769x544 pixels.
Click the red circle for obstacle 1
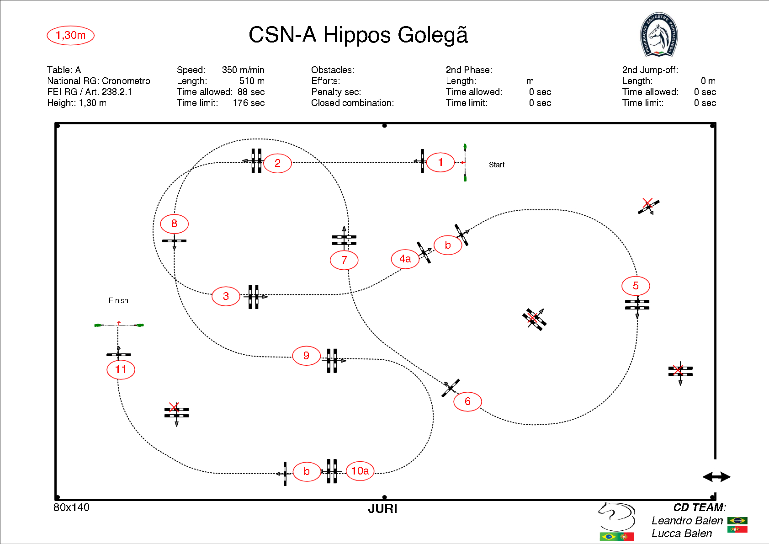[x=440, y=162]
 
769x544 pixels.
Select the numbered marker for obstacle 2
[x=277, y=163]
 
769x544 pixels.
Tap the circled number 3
[x=226, y=296]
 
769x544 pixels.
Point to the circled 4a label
[x=405, y=259]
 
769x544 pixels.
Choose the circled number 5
[x=636, y=286]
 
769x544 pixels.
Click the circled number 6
[x=467, y=401]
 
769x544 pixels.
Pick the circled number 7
[x=344, y=260]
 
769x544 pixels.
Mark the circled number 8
[x=174, y=224]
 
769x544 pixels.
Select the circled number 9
[x=306, y=356]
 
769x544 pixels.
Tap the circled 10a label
[x=360, y=471]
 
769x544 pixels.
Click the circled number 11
[x=121, y=369]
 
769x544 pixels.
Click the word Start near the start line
[x=497, y=165]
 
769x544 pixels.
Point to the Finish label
[x=118, y=300]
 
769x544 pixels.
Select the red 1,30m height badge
[x=71, y=35]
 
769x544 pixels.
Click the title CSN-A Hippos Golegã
[x=358, y=35]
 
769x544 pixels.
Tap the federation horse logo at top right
[x=658, y=35]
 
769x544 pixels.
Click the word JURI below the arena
[x=383, y=509]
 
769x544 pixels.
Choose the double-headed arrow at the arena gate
[x=716, y=477]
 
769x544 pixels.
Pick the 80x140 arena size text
[x=72, y=507]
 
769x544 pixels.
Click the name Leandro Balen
[x=687, y=521]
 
